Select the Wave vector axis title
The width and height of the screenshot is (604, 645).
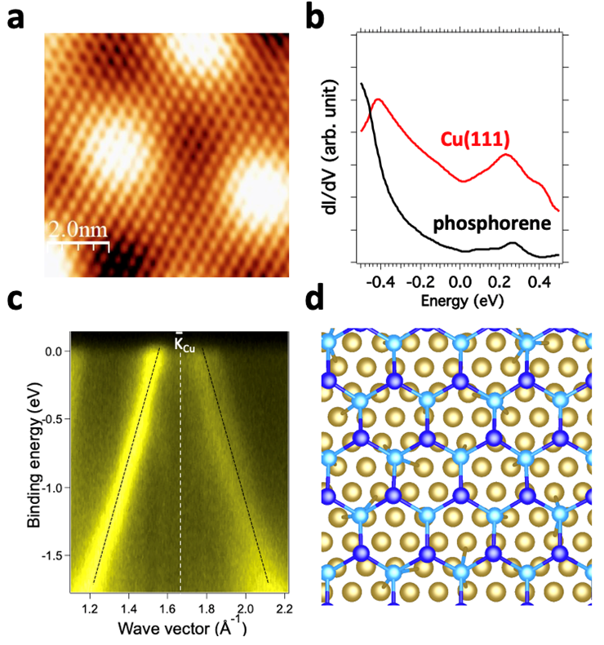point(176,629)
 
